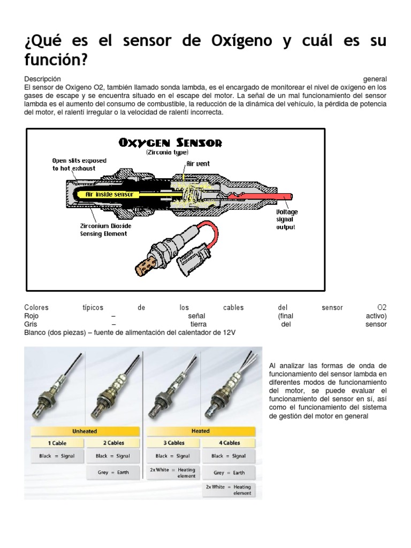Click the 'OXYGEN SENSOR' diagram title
[170, 143]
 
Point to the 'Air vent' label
[197, 164]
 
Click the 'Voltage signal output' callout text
[287, 219]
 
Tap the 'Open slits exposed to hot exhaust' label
[79, 164]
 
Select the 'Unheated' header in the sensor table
[86, 431]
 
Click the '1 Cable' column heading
[57, 443]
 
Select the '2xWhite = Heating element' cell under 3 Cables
[172, 473]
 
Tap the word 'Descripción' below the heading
[46, 79]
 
